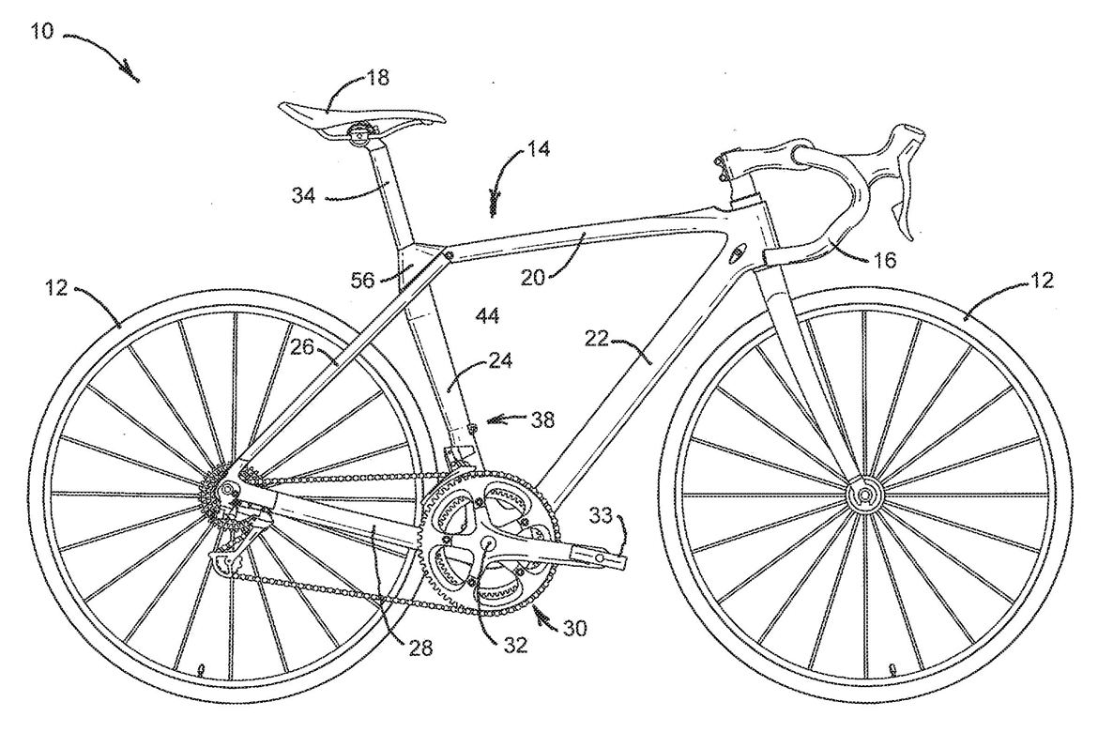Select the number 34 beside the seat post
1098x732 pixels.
click(x=303, y=195)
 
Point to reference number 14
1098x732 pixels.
click(x=538, y=148)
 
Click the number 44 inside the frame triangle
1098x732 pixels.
click(x=486, y=316)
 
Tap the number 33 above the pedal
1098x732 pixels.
click(x=601, y=514)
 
